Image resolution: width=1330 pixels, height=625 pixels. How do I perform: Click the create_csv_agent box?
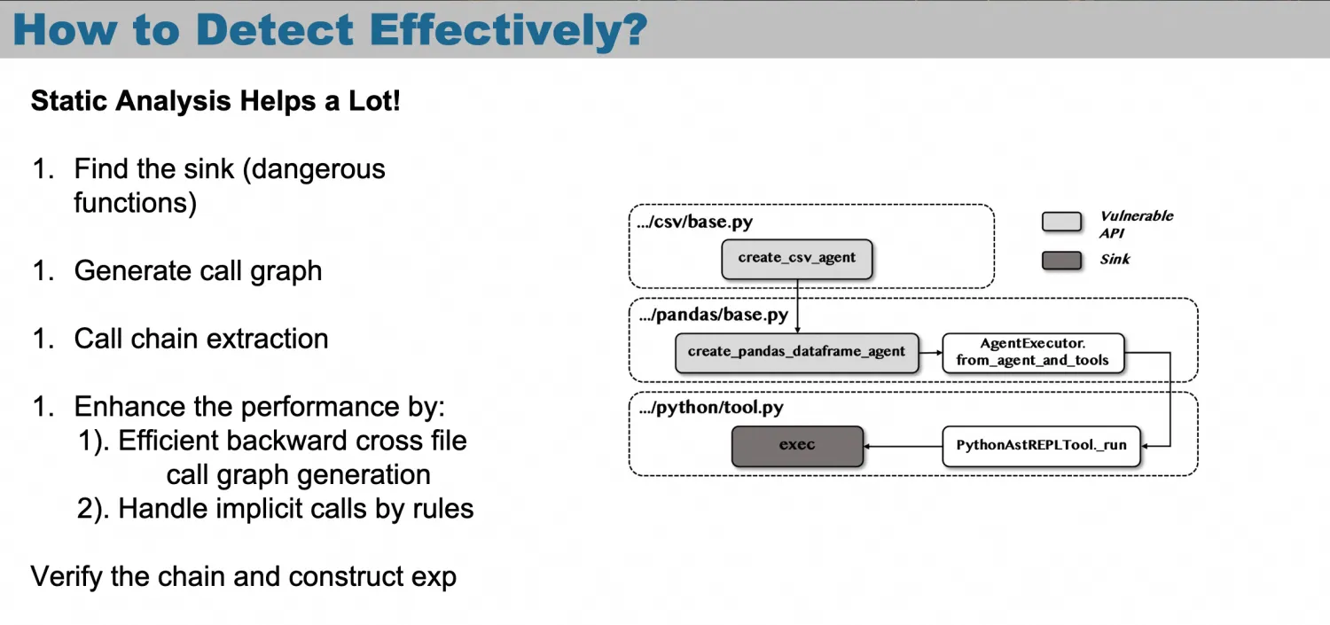[797, 259]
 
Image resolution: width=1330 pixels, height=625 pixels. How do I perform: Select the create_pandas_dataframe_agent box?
[797, 353]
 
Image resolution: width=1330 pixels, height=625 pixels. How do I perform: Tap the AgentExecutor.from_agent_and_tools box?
[1033, 353]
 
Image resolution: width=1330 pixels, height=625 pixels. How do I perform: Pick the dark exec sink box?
[797, 446]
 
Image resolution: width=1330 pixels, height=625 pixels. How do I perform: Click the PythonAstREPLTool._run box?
[1042, 446]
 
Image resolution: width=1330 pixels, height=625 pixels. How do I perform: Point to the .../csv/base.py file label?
[694, 222]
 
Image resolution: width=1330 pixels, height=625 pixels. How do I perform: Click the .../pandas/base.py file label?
[714, 315]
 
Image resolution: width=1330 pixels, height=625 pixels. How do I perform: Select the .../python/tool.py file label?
[711, 408]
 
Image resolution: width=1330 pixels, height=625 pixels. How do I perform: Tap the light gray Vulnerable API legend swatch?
[1061, 222]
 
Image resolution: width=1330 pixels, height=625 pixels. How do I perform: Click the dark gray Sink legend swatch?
[1061, 261]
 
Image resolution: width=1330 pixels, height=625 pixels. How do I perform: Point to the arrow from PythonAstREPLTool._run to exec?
[904, 446]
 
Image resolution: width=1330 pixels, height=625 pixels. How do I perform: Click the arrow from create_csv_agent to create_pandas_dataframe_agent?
[797, 306]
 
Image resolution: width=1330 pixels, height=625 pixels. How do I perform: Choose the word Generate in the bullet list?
[131, 270]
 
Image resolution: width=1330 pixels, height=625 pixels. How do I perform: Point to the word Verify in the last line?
[66, 576]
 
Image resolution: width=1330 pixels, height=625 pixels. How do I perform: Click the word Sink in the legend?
[1115, 260]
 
